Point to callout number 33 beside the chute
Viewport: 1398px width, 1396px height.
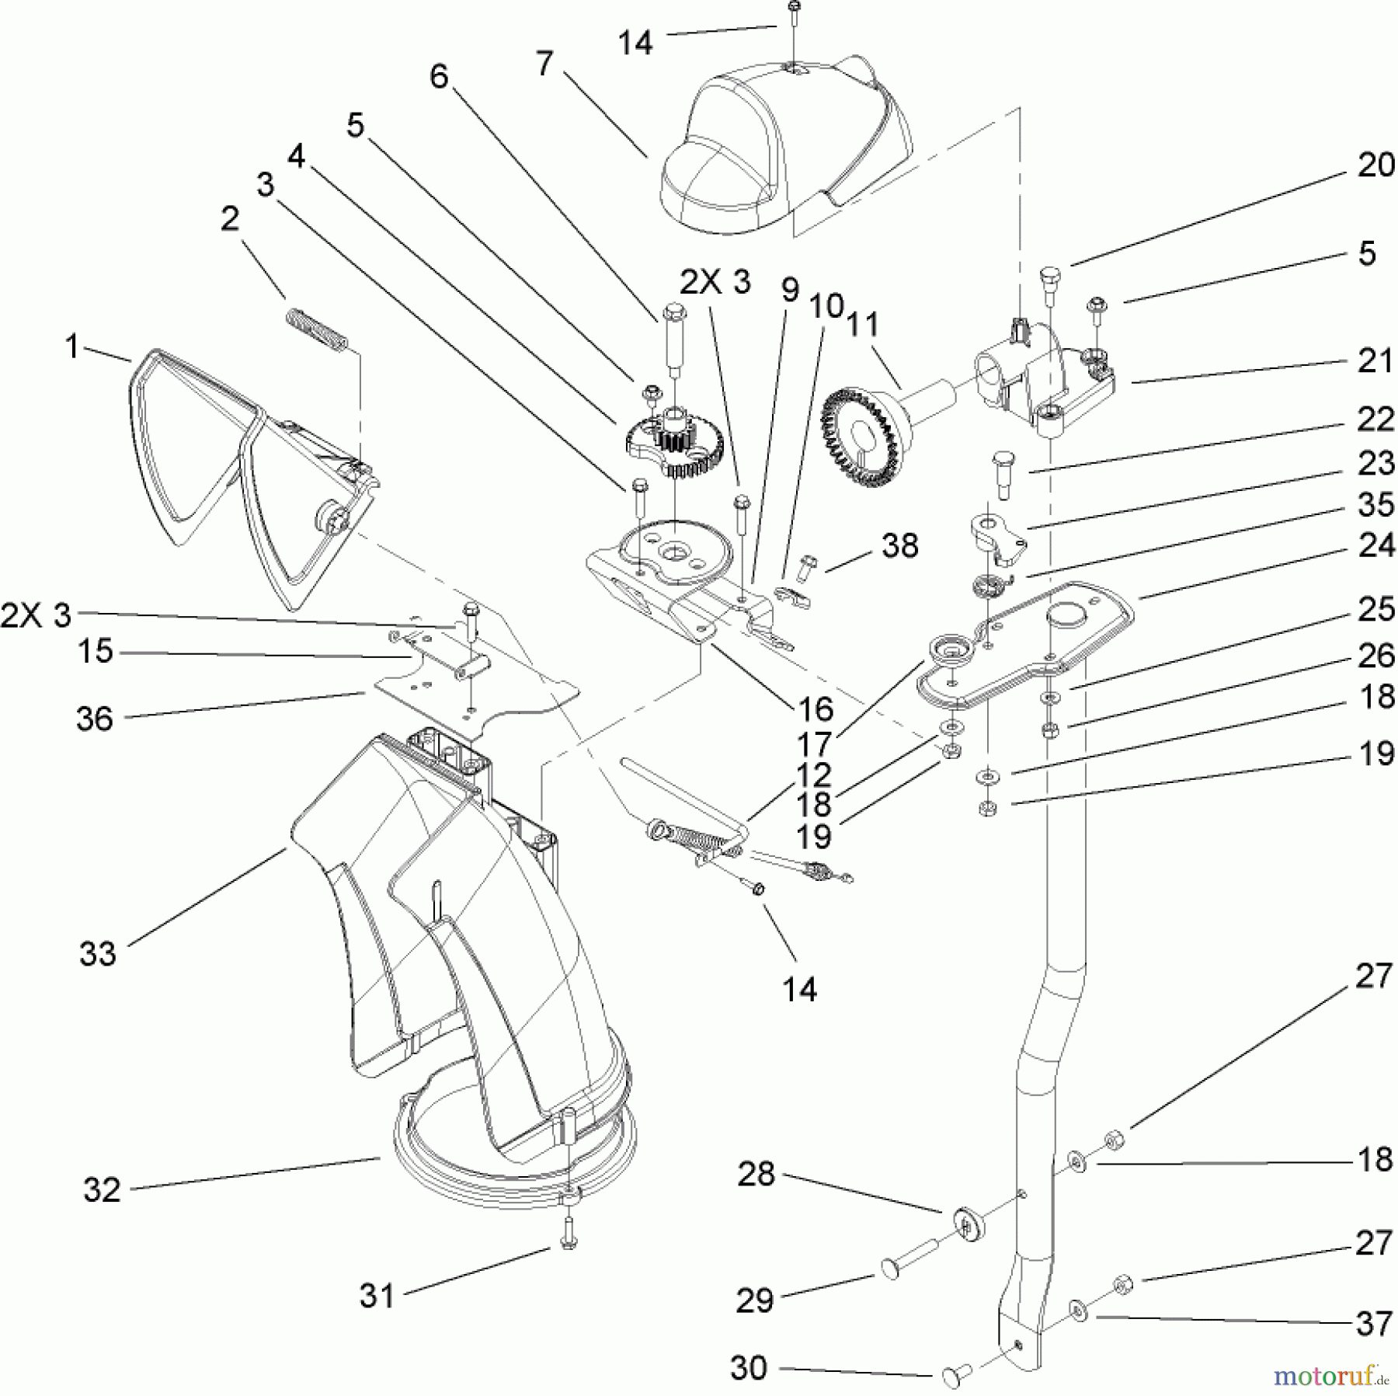point(98,953)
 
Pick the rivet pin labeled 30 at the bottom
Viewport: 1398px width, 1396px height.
point(951,1376)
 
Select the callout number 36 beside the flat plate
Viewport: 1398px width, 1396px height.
point(95,719)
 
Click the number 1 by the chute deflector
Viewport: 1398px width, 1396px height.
point(72,347)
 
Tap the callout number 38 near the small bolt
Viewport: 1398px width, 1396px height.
point(900,546)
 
